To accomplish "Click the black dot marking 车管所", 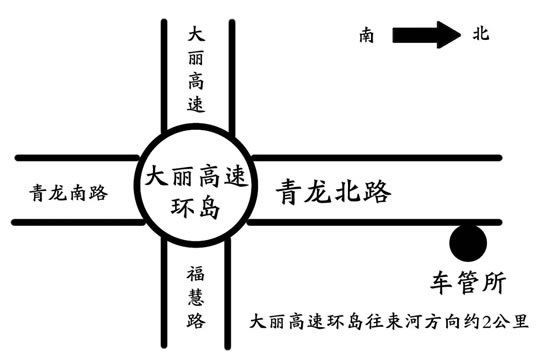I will click(467, 242).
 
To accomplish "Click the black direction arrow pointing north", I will click(427, 36).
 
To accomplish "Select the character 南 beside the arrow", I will click(368, 36).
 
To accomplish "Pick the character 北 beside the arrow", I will click(480, 35).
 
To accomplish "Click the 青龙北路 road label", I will click(333, 191).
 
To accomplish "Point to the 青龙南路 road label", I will click(69, 192).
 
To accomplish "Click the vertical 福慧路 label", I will click(195, 297).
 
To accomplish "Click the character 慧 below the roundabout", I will click(195, 297).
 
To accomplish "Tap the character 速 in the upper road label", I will click(195, 103).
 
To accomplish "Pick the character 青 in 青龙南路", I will click(39, 192).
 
